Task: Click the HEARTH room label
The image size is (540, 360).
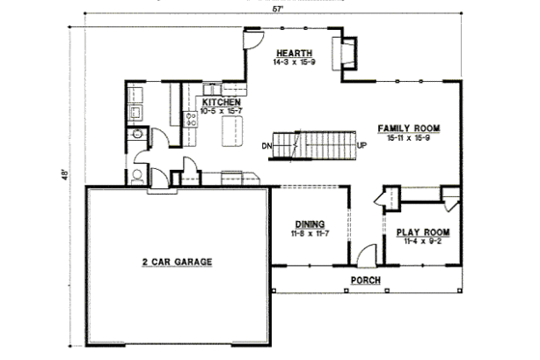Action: pos(293,52)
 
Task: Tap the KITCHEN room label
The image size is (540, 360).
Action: pos(221,101)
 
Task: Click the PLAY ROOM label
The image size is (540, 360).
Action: pos(424,233)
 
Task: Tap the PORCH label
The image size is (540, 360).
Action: pos(365,281)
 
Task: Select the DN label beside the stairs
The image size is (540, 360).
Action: pos(267,146)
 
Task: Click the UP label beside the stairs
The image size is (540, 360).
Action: pos(362,146)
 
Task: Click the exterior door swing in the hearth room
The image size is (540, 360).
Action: pos(252,37)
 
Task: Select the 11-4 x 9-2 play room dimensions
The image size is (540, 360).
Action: pos(424,242)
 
